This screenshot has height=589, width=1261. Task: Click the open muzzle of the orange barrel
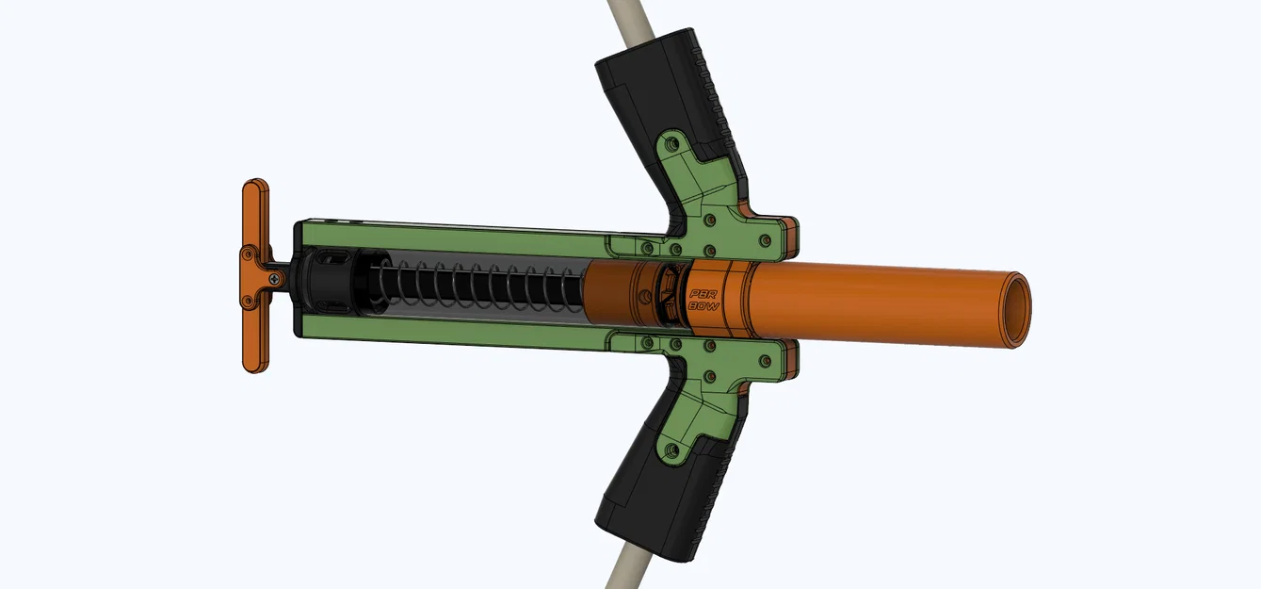(1016, 309)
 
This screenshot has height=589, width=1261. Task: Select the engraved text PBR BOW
(704, 300)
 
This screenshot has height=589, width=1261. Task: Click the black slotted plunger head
(330, 281)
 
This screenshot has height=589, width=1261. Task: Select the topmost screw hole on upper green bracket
(671, 146)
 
